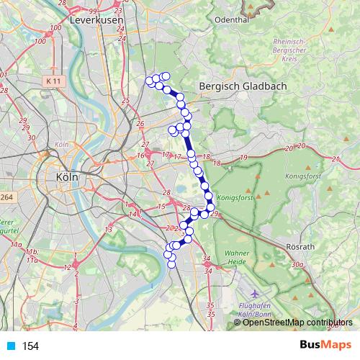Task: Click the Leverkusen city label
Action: click(98, 21)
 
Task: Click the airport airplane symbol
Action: click(256, 295)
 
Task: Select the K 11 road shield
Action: click(51, 82)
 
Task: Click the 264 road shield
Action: click(6, 197)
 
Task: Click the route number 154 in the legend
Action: click(30, 346)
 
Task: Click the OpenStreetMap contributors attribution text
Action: click(297, 323)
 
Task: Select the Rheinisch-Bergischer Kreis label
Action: click(294, 51)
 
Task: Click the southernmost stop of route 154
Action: click(172, 265)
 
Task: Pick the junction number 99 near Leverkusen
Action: click(93, 12)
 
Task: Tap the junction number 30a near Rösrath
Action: click(297, 265)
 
